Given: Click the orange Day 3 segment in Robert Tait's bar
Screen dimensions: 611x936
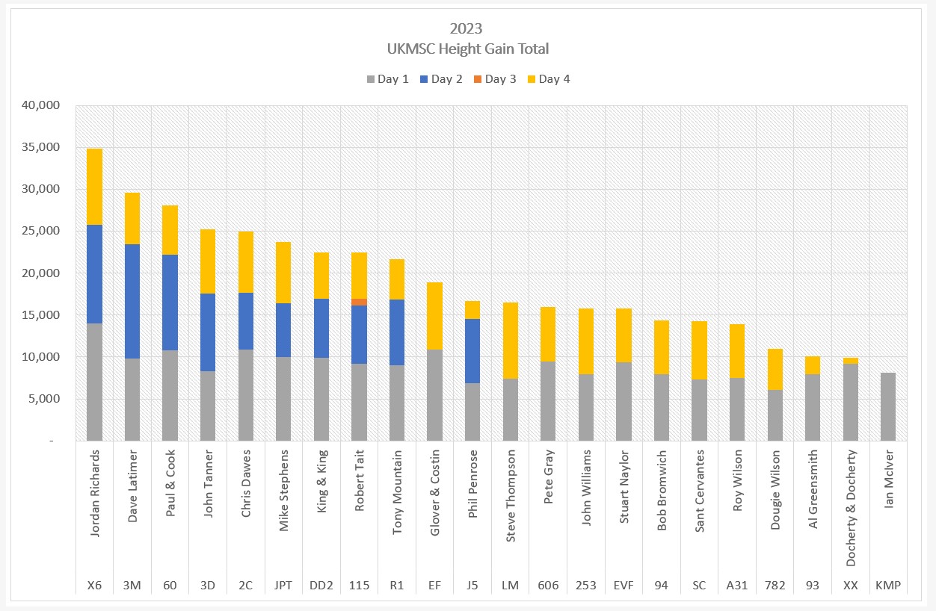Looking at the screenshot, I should (x=360, y=302).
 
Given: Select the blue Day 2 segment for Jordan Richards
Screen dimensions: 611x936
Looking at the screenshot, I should (x=95, y=274).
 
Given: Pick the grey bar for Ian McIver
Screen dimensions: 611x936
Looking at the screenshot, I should (x=888, y=407).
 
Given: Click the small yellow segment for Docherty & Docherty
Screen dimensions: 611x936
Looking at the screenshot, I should (x=851, y=361).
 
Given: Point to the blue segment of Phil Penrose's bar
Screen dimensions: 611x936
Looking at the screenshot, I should (x=472, y=351).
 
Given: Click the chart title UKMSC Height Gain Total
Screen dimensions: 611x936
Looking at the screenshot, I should (x=467, y=49).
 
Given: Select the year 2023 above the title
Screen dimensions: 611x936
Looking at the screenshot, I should (x=467, y=29).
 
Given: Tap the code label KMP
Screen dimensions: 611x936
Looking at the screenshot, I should (x=888, y=586).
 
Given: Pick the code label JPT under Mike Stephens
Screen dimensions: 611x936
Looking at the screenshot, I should (x=283, y=586).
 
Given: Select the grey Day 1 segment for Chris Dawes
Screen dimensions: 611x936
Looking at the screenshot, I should (x=246, y=395).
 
